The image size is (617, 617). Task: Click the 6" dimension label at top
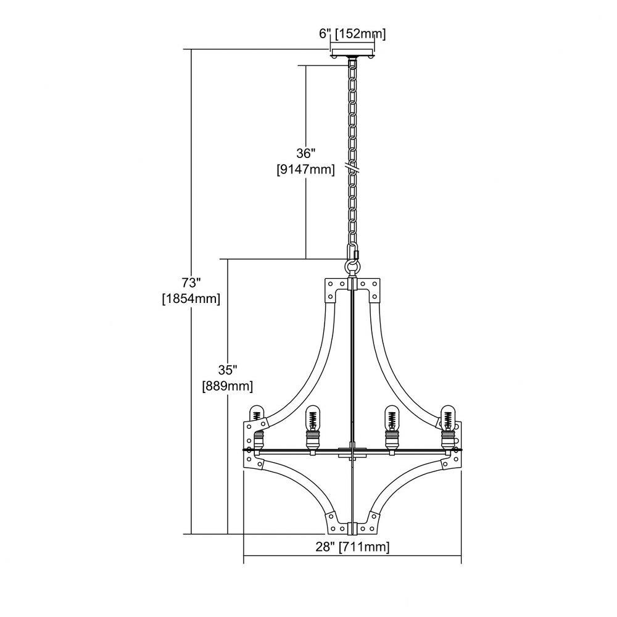[324, 34]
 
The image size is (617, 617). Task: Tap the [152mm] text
[360, 34]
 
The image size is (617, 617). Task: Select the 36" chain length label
[306, 153]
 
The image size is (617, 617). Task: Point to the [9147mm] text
[306, 170]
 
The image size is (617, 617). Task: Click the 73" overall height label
[191, 283]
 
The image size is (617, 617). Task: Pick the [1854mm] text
[191, 299]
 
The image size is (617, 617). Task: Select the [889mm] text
[228, 386]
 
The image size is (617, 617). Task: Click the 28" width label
[325, 547]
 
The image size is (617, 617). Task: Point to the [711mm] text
[365, 547]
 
